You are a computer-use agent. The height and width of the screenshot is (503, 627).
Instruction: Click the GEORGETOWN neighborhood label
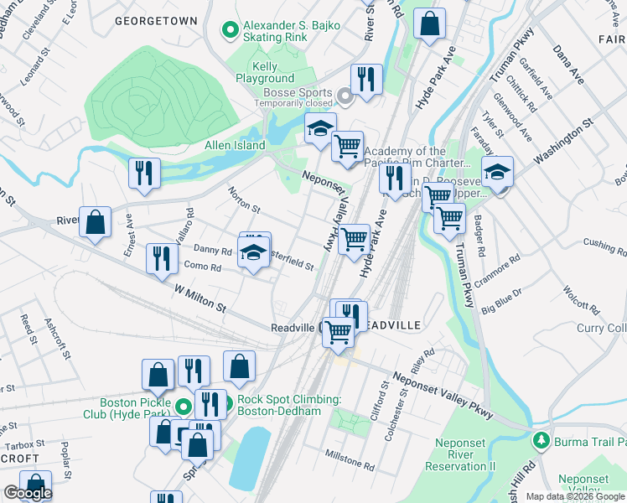pyautogui.click(x=156, y=19)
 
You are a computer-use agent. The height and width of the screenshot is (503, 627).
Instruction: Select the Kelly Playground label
pyautogui.click(x=264, y=72)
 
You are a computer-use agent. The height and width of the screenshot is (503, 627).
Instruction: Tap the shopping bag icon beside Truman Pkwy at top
pyautogui.click(x=429, y=26)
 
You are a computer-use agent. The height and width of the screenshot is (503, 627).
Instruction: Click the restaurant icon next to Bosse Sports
pyautogui.click(x=366, y=81)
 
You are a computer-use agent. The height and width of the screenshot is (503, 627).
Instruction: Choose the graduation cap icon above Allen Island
pyautogui.click(x=319, y=131)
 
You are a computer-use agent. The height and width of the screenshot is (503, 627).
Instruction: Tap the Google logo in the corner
pyautogui.click(x=28, y=493)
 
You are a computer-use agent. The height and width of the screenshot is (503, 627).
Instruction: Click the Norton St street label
pyautogui.click(x=244, y=199)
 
